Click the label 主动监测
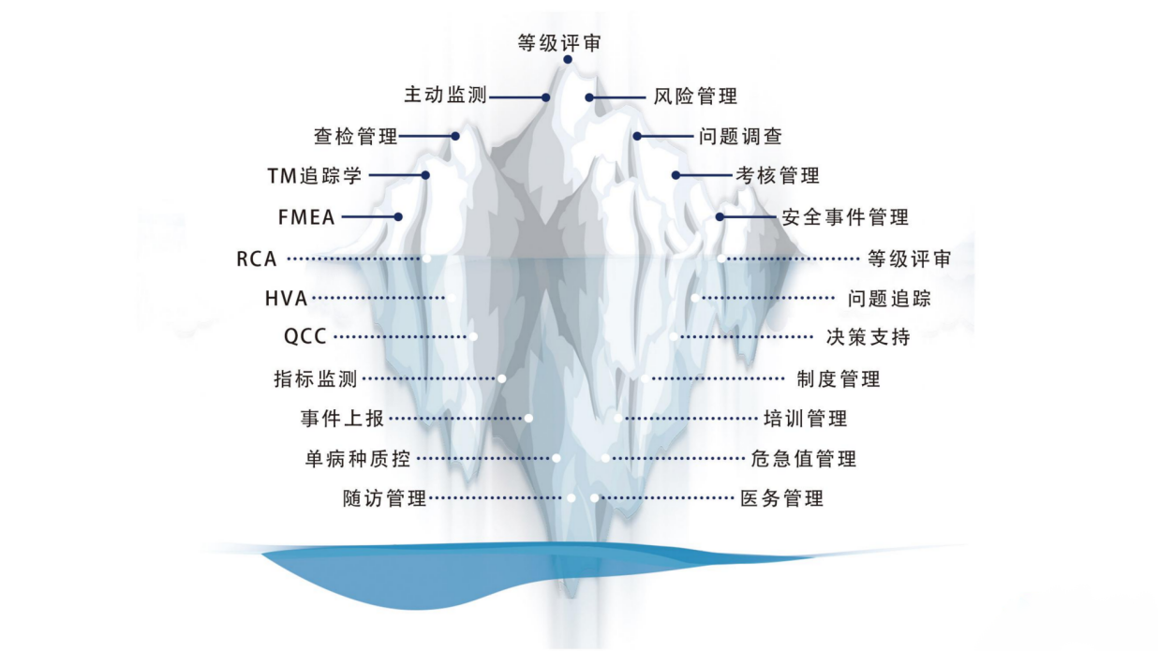(445, 96)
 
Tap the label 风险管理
(694, 96)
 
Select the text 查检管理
(355, 137)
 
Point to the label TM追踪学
(314, 175)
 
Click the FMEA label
(305, 216)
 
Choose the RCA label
(257, 259)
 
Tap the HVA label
(286, 299)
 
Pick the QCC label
(305, 337)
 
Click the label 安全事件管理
(846, 217)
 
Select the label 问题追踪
(889, 299)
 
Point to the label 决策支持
(868, 337)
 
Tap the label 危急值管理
(804, 459)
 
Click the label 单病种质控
(357, 459)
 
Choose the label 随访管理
(385, 498)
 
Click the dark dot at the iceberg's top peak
(568, 60)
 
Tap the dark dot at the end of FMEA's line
(398, 216)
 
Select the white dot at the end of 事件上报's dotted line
(529, 418)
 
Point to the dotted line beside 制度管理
(717, 379)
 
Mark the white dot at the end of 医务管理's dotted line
(594, 498)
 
